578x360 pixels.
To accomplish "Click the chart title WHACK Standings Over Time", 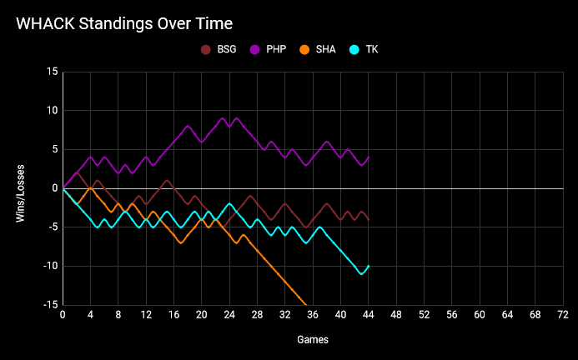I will point(124,22).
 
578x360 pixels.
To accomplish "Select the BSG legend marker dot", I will point(206,49).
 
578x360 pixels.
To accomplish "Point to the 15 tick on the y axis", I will point(52,72).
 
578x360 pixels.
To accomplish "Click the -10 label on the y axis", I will point(50,266).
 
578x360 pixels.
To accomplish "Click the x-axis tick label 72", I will point(563,317).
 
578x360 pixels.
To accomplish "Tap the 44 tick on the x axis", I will point(369,317).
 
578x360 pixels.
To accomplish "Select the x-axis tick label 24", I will point(229,317).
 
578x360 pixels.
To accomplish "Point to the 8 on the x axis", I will point(118,317).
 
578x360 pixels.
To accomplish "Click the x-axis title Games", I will point(313,340).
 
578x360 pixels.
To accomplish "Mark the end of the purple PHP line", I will point(369,157).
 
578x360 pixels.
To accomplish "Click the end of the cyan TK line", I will point(369,266).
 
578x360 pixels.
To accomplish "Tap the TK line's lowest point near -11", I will point(362,273).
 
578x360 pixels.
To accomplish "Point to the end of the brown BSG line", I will point(369,219).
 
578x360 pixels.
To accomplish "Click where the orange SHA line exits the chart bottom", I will point(306,304).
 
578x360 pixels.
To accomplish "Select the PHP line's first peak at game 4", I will point(91,157).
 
